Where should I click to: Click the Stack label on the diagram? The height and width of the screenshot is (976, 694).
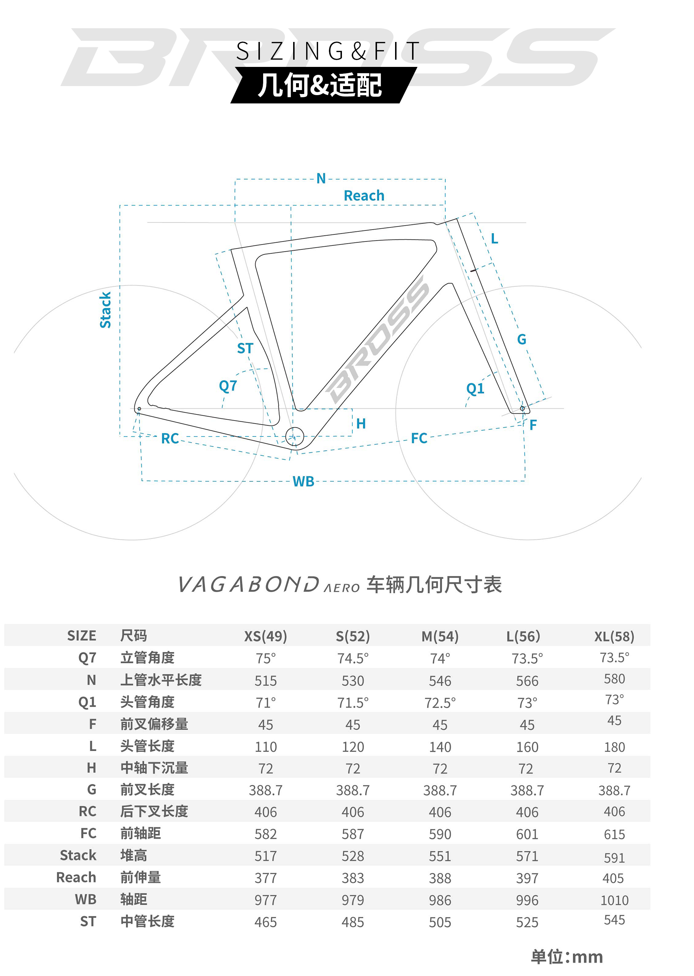click(105, 310)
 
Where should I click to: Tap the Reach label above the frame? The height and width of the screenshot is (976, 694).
click(364, 196)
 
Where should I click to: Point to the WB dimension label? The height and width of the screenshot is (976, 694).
click(303, 482)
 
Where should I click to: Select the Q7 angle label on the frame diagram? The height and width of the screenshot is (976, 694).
click(228, 386)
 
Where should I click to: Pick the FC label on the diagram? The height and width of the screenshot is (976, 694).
click(419, 438)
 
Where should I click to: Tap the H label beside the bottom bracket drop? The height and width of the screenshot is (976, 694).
click(361, 424)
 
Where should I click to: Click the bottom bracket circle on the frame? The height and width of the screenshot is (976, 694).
click(295, 436)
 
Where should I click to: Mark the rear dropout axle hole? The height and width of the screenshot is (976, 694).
click(139, 409)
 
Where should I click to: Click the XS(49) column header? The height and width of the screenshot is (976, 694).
click(265, 636)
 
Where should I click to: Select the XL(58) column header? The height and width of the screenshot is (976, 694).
click(614, 636)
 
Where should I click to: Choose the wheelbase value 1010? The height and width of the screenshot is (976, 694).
click(614, 900)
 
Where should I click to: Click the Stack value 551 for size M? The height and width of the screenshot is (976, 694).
click(440, 856)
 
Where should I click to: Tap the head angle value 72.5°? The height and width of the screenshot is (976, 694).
click(440, 702)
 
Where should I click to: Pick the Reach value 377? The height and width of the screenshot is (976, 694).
click(265, 878)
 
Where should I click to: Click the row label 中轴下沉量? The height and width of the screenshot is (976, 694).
click(154, 768)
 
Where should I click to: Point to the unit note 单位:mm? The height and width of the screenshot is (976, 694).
click(567, 957)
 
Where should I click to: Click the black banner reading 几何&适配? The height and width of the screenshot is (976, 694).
click(324, 85)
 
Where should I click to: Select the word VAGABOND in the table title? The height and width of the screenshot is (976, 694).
click(248, 584)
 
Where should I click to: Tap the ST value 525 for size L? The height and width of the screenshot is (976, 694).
click(527, 922)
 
